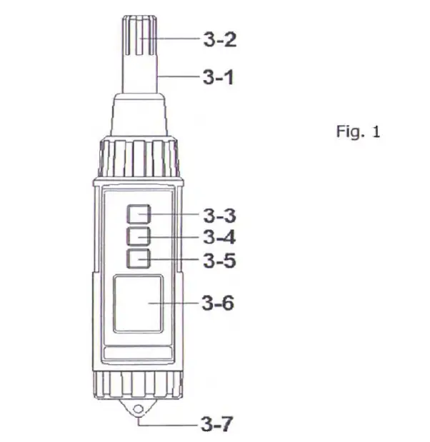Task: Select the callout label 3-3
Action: tap(220, 214)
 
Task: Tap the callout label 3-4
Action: tap(220, 237)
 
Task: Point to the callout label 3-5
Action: tap(220, 261)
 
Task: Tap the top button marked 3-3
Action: tap(139, 214)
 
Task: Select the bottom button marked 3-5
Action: tap(139, 258)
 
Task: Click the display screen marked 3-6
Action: tap(136, 304)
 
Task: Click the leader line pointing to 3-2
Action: tap(175, 40)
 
